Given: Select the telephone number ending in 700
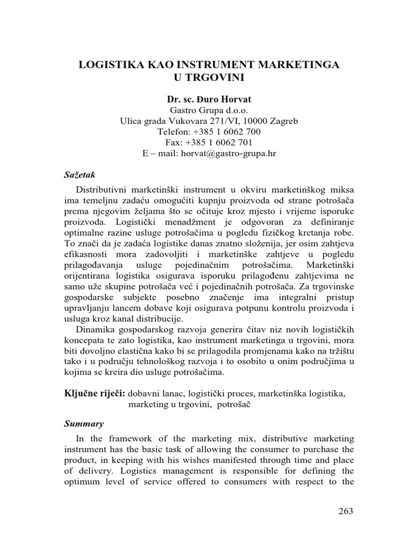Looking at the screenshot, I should (228, 132).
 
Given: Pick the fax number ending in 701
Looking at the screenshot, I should (218, 143).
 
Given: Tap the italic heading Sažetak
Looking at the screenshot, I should (77, 174).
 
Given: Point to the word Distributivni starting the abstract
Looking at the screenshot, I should (103, 191).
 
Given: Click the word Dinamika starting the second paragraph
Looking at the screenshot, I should (95, 329).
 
